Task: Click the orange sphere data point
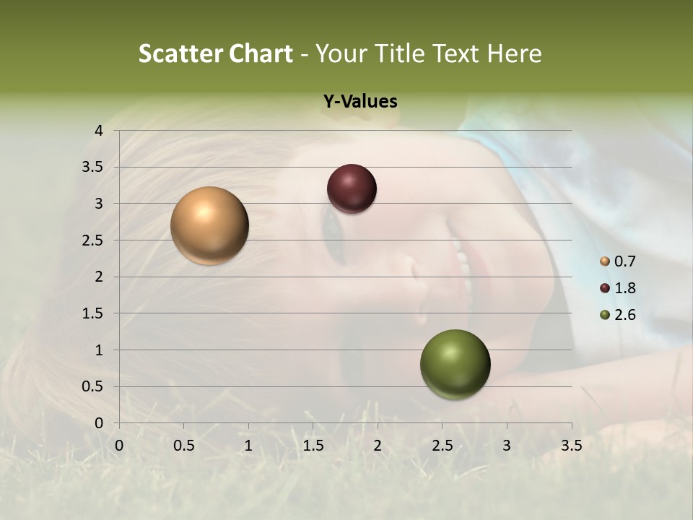[210, 225]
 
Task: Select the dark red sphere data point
[352, 188]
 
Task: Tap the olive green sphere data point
[455, 364]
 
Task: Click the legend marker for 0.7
[605, 261]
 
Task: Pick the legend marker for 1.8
[605, 288]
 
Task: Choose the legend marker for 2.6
[605, 315]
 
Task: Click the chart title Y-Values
[360, 102]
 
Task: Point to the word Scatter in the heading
[180, 53]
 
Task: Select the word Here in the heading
[515, 53]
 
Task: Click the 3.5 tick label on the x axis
[571, 446]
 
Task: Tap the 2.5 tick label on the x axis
[442, 446]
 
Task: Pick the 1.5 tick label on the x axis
[313, 446]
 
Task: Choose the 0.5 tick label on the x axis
[183, 446]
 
